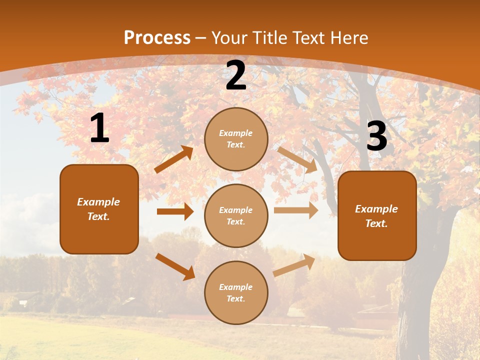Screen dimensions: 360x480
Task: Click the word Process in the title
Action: (157, 37)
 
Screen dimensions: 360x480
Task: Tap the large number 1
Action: (99, 128)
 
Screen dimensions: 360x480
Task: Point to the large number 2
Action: (236, 76)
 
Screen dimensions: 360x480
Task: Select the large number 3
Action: (376, 136)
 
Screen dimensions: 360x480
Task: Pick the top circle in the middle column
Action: (236, 138)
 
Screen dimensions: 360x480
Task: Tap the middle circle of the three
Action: (236, 215)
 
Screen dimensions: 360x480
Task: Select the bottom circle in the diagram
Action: (236, 292)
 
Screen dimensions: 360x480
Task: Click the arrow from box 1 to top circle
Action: (173, 159)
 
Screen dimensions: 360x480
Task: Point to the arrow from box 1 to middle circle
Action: (175, 211)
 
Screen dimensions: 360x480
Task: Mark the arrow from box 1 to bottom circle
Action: (175, 266)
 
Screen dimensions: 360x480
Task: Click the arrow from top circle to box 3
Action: (297, 159)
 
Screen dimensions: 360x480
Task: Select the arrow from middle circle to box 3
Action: (296, 210)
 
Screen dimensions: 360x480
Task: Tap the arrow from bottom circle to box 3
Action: (294, 265)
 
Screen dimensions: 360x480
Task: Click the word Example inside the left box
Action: (98, 202)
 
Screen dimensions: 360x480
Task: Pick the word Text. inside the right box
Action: (376, 223)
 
